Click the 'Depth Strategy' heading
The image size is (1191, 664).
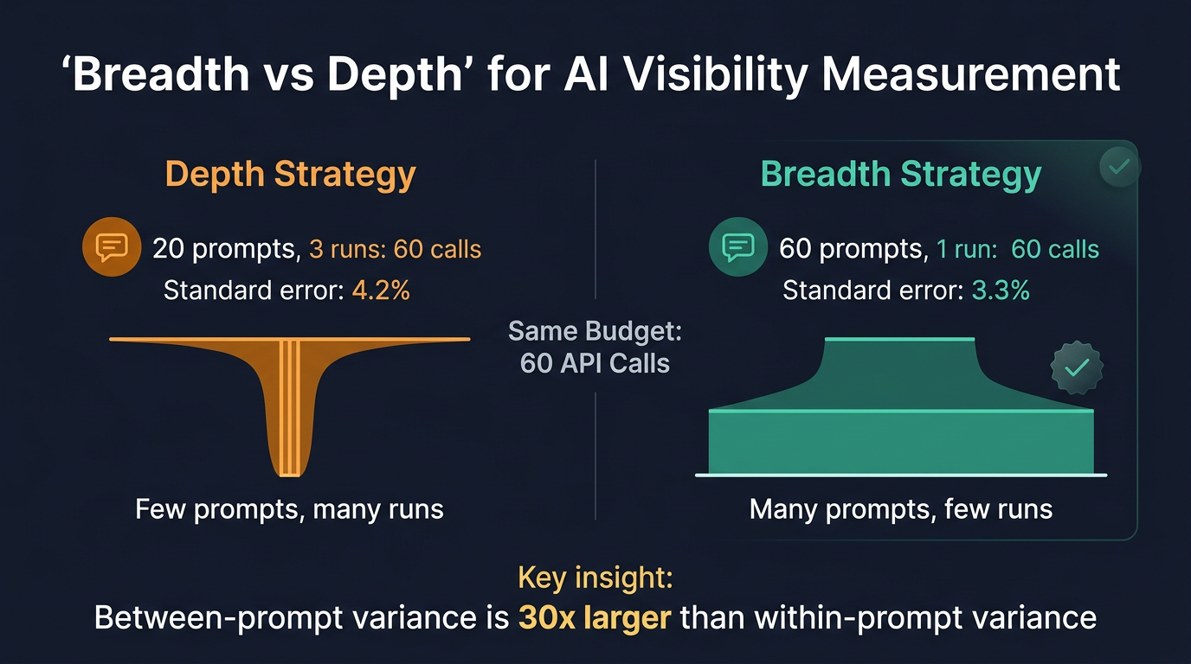pos(291,174)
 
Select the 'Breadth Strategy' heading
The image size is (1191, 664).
pos(901,174)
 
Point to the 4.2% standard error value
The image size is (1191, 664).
pos(381,290)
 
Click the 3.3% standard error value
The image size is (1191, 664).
pos(1001,290)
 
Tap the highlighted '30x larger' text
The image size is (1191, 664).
pos(596,618)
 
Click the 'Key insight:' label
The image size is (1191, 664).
pos(595,577)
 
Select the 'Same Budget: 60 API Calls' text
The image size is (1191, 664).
pos(595,347)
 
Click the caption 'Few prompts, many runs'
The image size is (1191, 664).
pos(289,509)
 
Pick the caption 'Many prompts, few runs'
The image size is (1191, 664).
pos(901,509)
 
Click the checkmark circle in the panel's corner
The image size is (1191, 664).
pos(1119,166)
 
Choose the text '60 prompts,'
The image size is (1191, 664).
pos(852,250)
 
